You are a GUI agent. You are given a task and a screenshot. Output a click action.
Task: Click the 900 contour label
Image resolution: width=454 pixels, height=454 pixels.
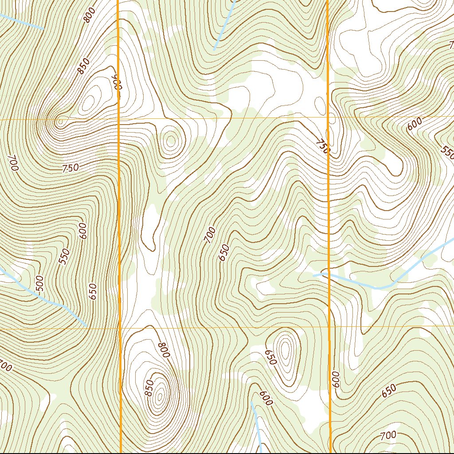(117, 82)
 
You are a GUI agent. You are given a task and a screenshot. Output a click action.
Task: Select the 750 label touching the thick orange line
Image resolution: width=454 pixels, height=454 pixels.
(323, 146)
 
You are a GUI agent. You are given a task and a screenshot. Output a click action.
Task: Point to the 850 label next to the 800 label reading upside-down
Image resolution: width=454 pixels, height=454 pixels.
(149, 388)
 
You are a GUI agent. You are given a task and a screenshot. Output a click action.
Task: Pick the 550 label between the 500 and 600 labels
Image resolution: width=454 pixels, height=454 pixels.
(65, 257)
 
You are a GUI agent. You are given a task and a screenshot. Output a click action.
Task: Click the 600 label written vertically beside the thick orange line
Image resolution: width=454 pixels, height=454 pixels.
(335, 380)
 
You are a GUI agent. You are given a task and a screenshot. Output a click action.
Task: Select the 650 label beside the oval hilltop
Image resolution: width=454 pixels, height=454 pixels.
(270, 357)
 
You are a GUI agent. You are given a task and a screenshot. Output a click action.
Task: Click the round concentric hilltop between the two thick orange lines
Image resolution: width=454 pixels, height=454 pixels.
(170, 141)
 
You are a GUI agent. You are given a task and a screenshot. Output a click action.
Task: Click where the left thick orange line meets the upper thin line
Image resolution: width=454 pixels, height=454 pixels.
(119, 119)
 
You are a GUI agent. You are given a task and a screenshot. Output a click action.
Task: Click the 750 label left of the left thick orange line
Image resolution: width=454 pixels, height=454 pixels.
(70, 168)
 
